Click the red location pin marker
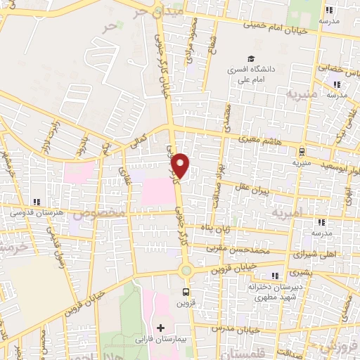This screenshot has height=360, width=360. (181, 166)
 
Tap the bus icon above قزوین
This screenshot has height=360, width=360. (186, 291)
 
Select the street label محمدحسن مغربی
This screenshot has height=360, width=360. (243, 249)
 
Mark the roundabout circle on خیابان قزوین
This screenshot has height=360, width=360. (186, 271)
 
